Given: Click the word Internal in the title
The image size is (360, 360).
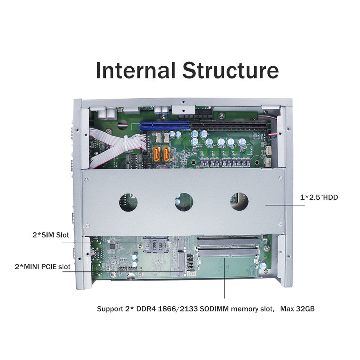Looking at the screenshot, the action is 135,70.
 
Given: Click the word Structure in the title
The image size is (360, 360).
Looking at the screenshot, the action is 230,70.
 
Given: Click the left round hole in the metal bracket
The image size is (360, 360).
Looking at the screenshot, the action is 128,202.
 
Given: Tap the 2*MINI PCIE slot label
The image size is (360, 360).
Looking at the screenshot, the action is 42,267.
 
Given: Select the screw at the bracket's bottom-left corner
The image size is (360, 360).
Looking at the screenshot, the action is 87,226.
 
